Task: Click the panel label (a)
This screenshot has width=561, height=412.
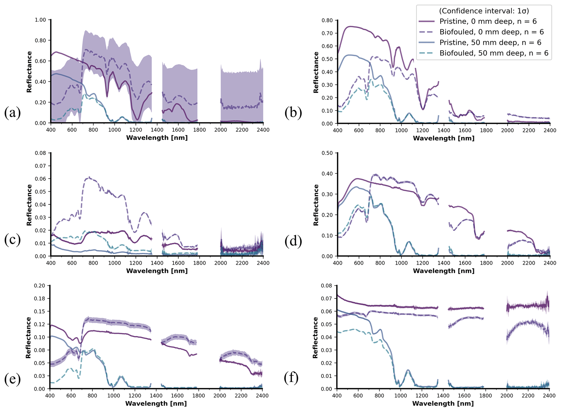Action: pyautogui.click(x=12, y=112)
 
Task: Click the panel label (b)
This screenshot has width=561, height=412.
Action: pyautogui.click(x=293, y=112)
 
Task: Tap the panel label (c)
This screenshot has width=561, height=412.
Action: pyautogui.click(x=12, y=240)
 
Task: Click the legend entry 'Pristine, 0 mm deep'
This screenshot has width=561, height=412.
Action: pyautogui.click(x=488, y=21)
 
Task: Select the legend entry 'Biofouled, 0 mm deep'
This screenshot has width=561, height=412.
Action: pyautogui.click(x=491, y=32)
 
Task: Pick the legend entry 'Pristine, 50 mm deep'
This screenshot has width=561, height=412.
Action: pyautogui.click(x=490, y=43)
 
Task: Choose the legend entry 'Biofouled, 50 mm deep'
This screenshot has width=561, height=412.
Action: pyautogui.click(x=494, y=53)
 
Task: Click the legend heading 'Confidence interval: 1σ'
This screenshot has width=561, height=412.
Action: pyautogui.click(x=484, y=11)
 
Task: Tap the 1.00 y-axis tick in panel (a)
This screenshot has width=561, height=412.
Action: pyautogui.click(x=40, y=20)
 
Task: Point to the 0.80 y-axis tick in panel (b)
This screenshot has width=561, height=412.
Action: pyautogui.click(x=327, y=20)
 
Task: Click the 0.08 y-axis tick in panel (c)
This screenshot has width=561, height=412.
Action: pyautogui.click(x=40, y=153)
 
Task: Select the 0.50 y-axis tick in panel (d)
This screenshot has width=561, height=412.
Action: pyautogui.click(x=327, y=153)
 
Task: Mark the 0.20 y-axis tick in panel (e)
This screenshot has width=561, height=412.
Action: pyautogui.click(x=40, y=286)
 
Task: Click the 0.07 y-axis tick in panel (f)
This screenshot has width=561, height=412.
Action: pyautogui.click(x=327, y=298)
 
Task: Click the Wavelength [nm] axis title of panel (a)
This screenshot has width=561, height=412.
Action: pyautogui.click(x=157, y=138)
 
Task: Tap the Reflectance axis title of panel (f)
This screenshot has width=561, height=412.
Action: pyautogui.click(x=315, y=337)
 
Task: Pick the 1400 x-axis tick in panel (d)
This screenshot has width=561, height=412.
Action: pyautogui.click(x=444, y=263)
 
